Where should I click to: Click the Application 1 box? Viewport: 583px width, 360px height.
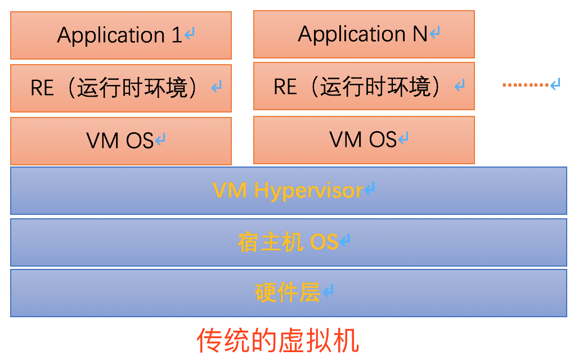tap(120, 35)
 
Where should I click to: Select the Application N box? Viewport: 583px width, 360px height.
tap(364, 34)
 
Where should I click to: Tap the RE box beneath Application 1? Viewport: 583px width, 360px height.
tap(120, 88)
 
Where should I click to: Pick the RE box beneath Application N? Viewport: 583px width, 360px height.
tap(364, 86)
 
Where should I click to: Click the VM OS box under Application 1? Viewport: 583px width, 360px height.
tap(120, 141)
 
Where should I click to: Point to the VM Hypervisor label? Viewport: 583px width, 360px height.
tap(288, 191)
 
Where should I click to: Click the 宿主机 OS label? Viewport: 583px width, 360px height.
tap(288, 242)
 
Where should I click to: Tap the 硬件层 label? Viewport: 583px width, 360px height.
tap(288, 292)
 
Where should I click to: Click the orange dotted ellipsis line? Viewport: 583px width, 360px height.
tap(525, 85)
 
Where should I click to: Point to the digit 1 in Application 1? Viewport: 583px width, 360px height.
tap(177, 35)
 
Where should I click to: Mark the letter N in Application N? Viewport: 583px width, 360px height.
tap(419, 34)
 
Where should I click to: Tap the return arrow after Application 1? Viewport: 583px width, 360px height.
tap(190, 35)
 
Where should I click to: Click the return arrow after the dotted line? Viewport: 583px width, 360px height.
tap(555, 84)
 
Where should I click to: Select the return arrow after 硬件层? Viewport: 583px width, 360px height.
tap(328, 291)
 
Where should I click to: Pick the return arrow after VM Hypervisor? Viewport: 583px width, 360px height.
tap(369, 190)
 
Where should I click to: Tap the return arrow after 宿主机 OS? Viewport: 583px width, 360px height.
tap(345, 241)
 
